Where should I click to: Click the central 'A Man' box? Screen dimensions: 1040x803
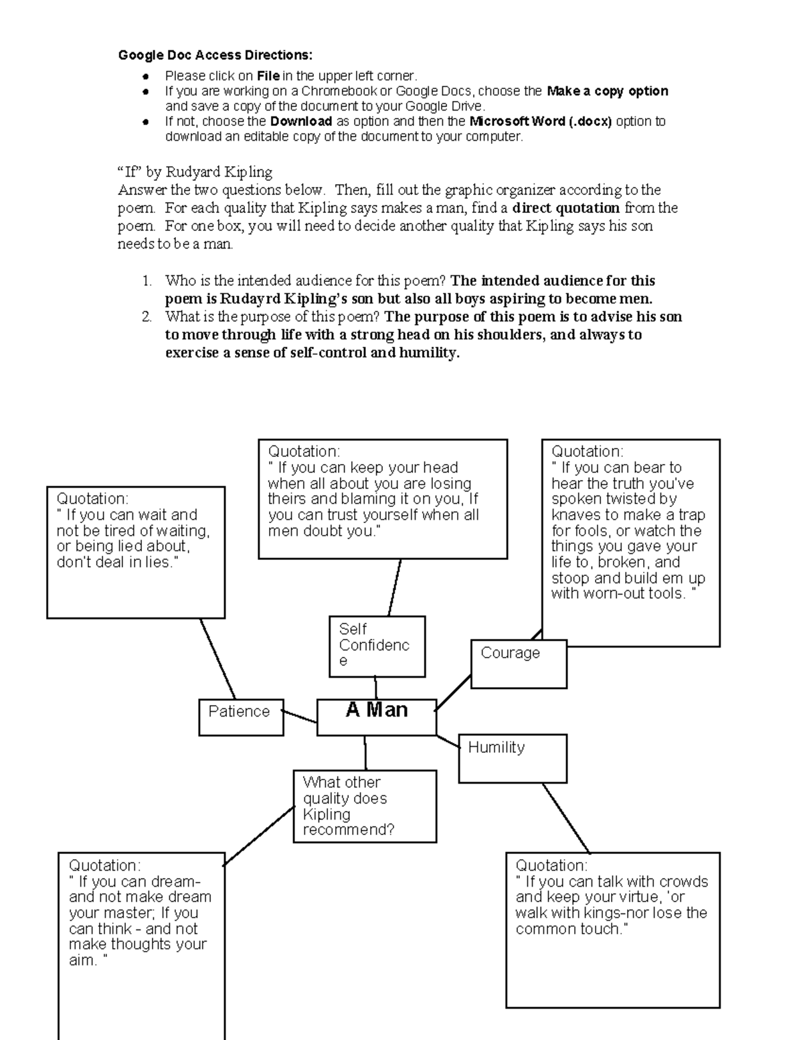pos(376,717)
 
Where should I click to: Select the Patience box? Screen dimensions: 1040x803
pos(241,717)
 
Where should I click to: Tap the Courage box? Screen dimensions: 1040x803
pos(519,664)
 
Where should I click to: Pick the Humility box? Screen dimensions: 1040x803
pos(513,758)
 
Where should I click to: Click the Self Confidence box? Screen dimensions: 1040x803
pos(377,646)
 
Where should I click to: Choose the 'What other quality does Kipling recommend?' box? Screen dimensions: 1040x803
pos(365,806)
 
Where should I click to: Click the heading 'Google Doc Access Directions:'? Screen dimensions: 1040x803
pos(215,55)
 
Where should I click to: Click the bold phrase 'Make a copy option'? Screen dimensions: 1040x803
pos(607,91)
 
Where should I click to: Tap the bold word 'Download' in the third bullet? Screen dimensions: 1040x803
pos(301,121)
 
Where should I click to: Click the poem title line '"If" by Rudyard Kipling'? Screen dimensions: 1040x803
pos(195,172)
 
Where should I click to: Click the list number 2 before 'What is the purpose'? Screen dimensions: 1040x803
pos(147,317)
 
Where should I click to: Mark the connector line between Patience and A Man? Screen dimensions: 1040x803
pos(300,717)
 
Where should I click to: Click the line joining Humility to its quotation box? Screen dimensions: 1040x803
pos(565,818)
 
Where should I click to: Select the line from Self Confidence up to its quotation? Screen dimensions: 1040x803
pos(394,587)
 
